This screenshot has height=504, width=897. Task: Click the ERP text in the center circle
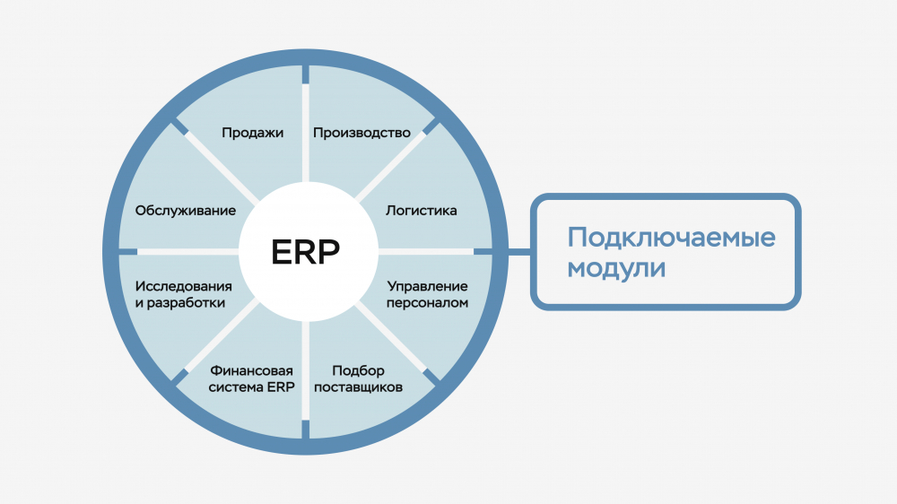pyautogui.click(x=306, y=252)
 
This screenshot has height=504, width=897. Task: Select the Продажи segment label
pyautogui.click(x=252, y=133)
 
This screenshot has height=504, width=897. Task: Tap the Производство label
pyautogui.click(x=361, y=133)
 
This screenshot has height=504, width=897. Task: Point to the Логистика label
pyautogui.click(x=421, y=211)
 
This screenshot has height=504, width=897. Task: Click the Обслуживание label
pyautogui.click(x=186, y=211)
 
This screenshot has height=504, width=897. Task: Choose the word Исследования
pyautogui.click(x=184, y=286)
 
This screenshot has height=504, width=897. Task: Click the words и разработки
pyautogui.click(x=180, y=302)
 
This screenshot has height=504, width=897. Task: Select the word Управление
pyautogui.click(x=427, y=286)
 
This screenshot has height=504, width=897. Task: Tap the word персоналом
pyautogui.click(x=427, y=302)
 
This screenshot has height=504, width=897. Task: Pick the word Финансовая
pyautogui.click(x=251, y=370)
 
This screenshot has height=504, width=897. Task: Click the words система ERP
pyautogui.click(x=251, y=387)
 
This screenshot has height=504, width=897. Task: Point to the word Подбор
pyautogui.click(x=358, y=370)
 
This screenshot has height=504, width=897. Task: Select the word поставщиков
pyautogui.click(x=358, y=387)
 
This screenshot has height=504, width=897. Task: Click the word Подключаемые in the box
pyautogui.click(x=671, y=238)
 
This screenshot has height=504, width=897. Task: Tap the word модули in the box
pyautogui.click(x=616, y=268)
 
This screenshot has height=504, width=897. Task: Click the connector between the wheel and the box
pyautogui.click(x=519, y=252)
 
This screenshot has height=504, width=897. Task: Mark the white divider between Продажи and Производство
pyautogui.click(x=306, y=133)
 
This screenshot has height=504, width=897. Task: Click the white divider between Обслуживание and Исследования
pyautogui.click(x=187, y=252)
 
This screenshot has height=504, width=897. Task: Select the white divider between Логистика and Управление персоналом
pyautogui.click(x=425, y=252)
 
